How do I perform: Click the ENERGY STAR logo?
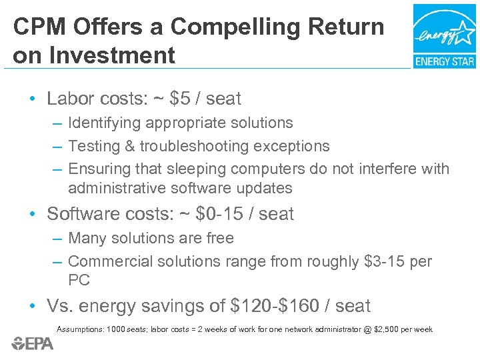(x=444, y=36)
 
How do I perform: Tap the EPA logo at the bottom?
(x=33, y=343)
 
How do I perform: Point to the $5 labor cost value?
(x=179, y=99)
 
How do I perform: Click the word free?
(x=221, y=238)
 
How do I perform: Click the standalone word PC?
(x=79, y=280)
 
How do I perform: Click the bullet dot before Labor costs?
(x=32, y=99)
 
